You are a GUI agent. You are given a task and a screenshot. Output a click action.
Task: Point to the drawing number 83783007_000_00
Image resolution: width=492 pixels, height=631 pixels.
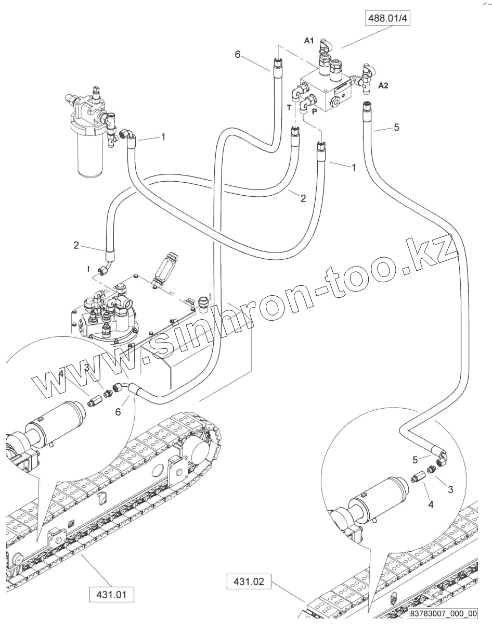click(443, 613)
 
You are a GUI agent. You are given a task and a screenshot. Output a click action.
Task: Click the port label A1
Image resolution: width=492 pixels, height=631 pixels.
click(309, 41)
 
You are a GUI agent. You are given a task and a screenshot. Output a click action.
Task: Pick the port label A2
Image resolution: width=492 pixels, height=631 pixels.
click(383, 86)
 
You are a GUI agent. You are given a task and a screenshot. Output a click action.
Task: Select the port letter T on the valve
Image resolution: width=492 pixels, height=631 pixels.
click(289, 107)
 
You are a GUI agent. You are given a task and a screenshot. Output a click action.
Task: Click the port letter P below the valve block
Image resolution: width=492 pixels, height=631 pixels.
click(314, 111)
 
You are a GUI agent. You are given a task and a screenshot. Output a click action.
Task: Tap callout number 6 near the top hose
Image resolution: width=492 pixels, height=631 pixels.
click(238, 54)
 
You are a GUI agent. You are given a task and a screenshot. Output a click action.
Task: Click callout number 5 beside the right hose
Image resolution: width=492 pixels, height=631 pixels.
click(397, 127)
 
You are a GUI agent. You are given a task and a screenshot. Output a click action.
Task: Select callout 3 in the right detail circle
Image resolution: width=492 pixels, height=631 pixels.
click(450, 489)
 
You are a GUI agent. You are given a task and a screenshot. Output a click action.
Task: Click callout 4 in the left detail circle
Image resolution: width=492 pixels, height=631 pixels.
click(61, 373)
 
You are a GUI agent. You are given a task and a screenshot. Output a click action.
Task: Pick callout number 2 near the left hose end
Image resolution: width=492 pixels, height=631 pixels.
click(76, 244)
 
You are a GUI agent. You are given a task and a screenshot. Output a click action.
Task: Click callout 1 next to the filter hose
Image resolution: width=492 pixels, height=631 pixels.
click(163, 137)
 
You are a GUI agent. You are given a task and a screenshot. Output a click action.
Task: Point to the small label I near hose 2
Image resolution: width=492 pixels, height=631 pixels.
click(88, 268)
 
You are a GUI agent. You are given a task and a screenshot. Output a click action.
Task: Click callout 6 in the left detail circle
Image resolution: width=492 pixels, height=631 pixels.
click(118, 411)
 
